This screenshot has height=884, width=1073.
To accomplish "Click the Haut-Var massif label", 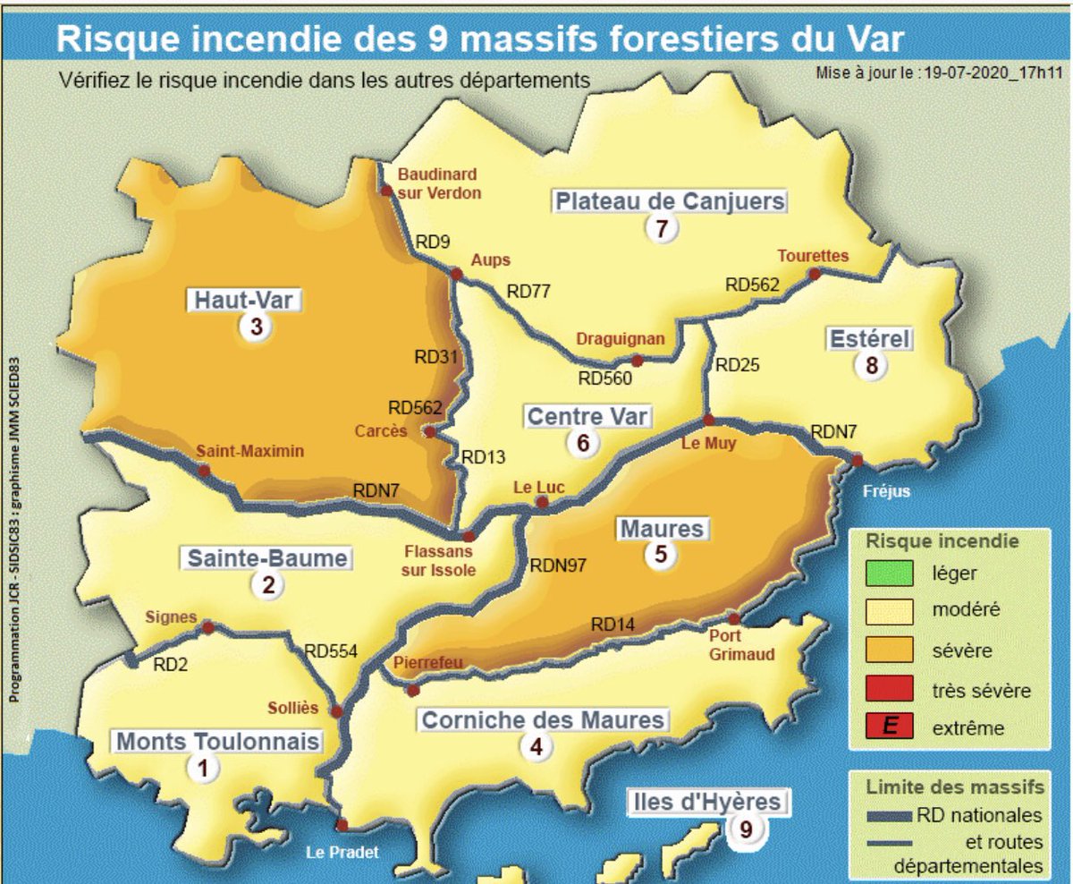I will click(244, 300).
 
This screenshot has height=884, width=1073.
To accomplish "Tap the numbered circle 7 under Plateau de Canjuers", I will click(661, 228).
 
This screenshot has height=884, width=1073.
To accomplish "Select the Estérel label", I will click(870, 339).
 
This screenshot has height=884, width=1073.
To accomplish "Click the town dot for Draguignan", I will click(638, 361).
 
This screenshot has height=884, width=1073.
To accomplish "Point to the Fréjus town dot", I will click(857, 461).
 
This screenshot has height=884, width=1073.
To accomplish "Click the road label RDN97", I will click(558, 565).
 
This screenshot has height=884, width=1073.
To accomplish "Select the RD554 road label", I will click(331, 651).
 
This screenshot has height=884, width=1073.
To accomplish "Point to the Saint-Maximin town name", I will click(249, 452).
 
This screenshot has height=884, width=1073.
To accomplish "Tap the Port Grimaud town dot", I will click(733, 619).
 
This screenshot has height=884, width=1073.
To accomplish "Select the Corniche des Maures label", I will click(543, 719).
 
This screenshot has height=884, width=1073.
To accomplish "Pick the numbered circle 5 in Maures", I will click(660, 554).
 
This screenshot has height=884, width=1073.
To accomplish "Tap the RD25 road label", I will click(738, 365).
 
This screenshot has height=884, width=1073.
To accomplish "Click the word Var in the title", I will click(871, 39).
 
